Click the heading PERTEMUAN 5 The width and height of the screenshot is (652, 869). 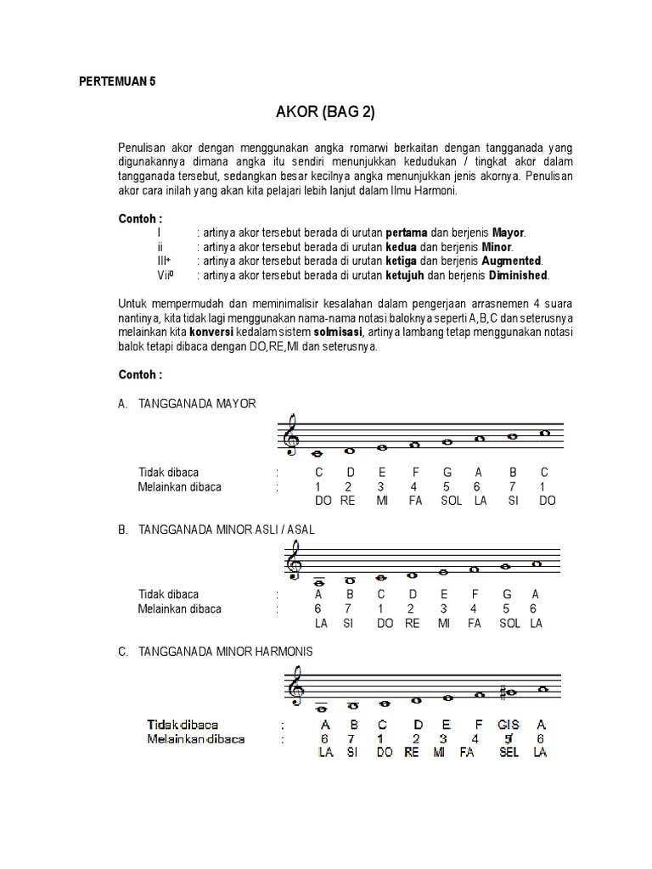118,82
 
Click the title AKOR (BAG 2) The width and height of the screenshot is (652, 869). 326,112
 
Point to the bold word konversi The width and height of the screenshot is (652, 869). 213,333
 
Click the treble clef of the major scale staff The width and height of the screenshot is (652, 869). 294,434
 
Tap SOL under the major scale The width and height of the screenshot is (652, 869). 452,501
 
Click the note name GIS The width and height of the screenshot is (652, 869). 509,725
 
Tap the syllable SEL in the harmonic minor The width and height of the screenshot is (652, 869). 509,753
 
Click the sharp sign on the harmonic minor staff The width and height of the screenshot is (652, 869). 503,692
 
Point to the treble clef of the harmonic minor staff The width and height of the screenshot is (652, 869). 294,687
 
